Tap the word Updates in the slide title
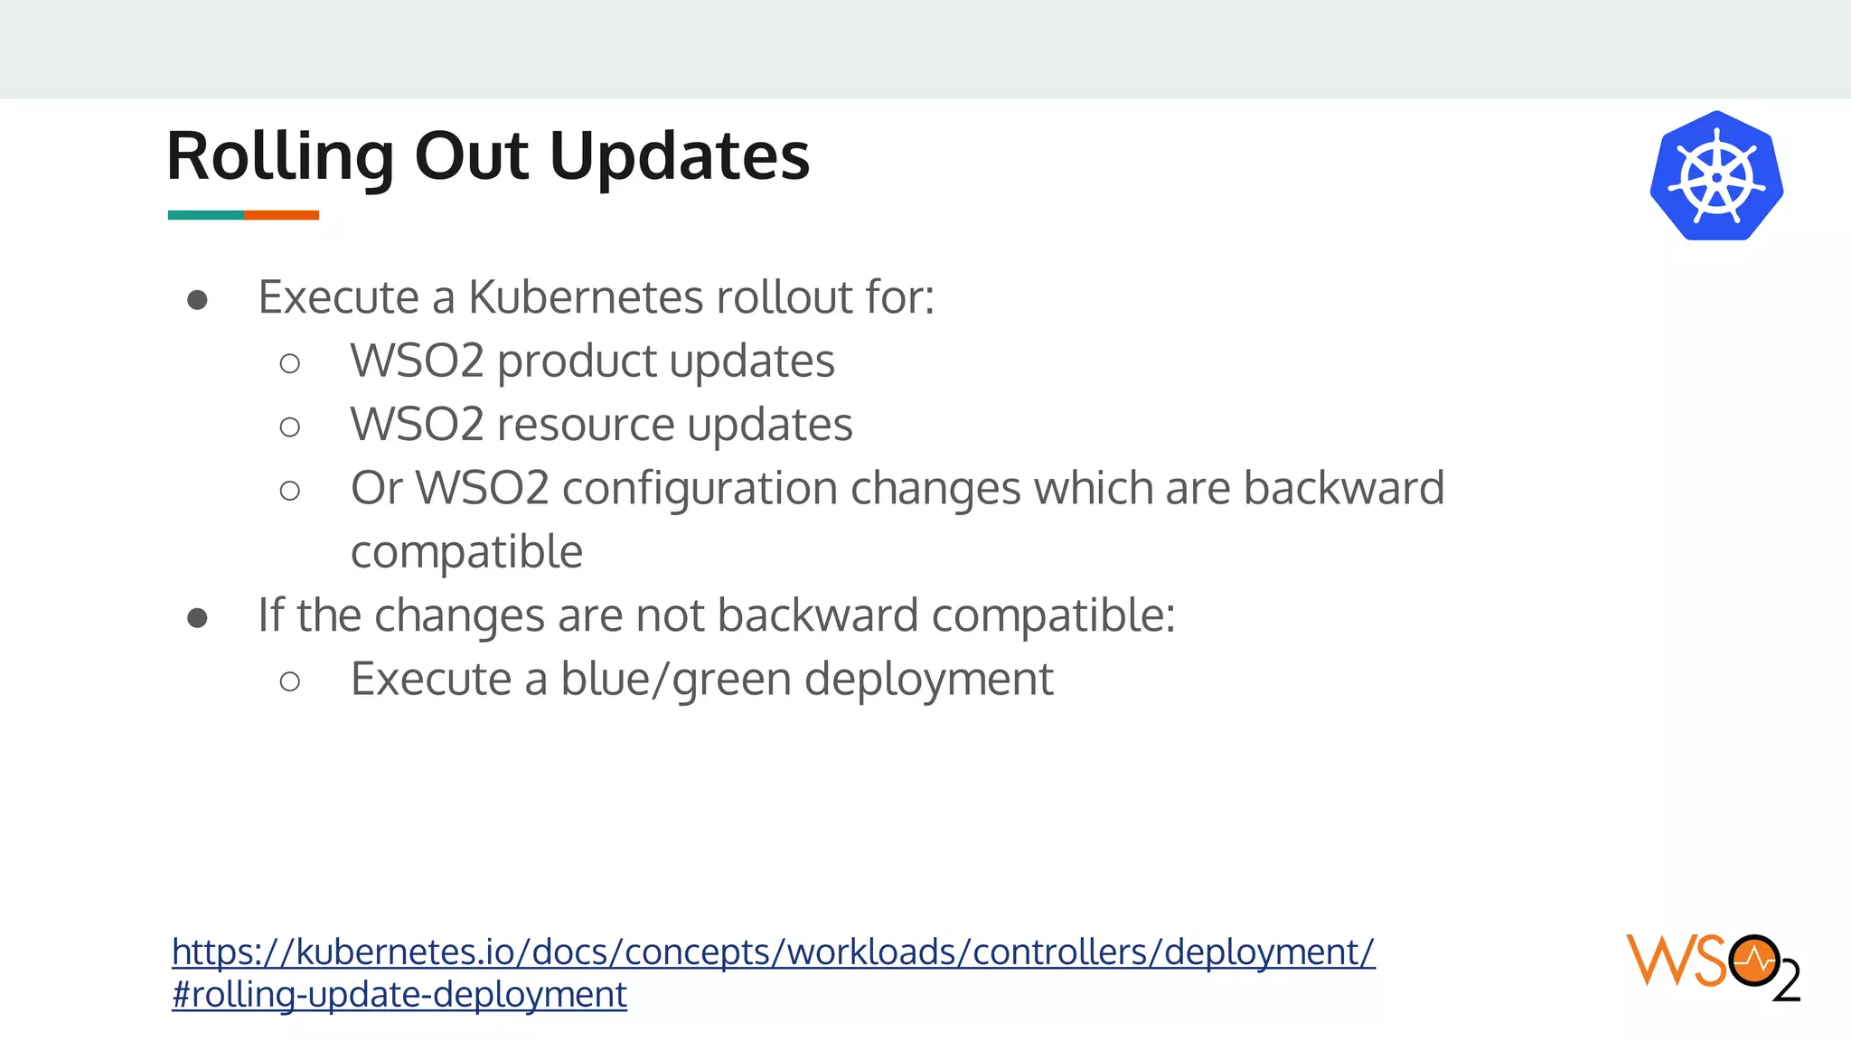click(679, 157)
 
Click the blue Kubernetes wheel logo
click(1716, 176)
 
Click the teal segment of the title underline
click(205, 215)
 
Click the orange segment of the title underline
click(281, 215)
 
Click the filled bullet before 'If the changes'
click(198, 618)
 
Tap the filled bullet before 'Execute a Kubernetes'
click(198, 300)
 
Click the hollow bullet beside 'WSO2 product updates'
click(290, 364)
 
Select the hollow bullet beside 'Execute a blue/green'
click(290, 681)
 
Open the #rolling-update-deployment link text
click(399, 995)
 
